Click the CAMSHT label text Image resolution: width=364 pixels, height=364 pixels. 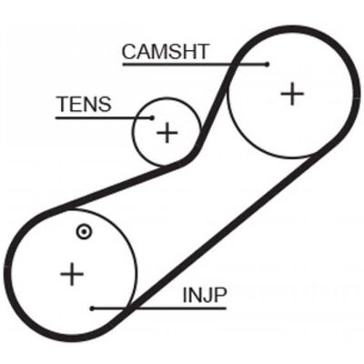[166, 52]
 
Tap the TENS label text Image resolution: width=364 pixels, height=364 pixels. [84, 104]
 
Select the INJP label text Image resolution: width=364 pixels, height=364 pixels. [205, 295]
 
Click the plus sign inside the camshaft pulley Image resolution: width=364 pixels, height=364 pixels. [292, 94]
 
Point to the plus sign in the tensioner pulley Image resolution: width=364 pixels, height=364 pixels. [167, 132]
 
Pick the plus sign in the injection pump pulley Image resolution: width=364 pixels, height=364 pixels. [72, 274]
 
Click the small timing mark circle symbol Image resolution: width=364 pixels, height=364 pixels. [84, 232]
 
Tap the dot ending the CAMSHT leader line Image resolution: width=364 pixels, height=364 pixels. [267, 64]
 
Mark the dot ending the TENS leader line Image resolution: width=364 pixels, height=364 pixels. [153, 117]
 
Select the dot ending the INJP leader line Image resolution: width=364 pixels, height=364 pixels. [92, 308]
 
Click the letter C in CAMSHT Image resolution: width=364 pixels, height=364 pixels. [129, 52]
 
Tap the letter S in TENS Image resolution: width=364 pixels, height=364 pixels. [105, 104]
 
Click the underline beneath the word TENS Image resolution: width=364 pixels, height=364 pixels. [104, 117]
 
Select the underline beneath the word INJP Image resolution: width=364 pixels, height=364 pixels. [159, 308]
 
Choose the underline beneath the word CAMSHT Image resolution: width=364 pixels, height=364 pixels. [195, 65]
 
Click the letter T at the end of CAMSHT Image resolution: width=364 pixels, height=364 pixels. [202, 52]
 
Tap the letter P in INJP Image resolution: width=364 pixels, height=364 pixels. [220, 295]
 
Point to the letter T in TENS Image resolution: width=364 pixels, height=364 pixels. [64, 104]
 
